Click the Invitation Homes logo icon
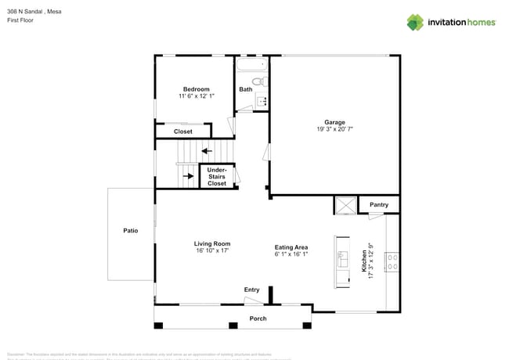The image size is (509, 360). [415, 22]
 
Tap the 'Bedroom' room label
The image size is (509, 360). [196, 89]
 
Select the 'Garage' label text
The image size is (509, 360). [334, 122]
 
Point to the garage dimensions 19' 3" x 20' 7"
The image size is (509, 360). [334, 129]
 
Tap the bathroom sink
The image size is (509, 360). [262, 100]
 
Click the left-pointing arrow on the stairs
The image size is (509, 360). [206, 151]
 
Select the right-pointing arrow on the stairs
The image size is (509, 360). [188, 176]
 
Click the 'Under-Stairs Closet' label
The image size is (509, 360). [217, 176]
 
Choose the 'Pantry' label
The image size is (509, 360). [379, 205]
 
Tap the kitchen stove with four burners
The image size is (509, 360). [393, 262]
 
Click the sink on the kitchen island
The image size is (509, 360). [341, 257]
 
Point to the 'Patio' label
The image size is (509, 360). [130, 231]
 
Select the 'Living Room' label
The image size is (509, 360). [211, 244]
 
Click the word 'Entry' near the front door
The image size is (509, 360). [251, 290]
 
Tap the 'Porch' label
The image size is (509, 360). [258, 319]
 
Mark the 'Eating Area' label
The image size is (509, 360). [291, 247]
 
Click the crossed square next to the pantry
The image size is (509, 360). [345, 206]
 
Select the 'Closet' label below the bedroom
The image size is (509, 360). [182, 131]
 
